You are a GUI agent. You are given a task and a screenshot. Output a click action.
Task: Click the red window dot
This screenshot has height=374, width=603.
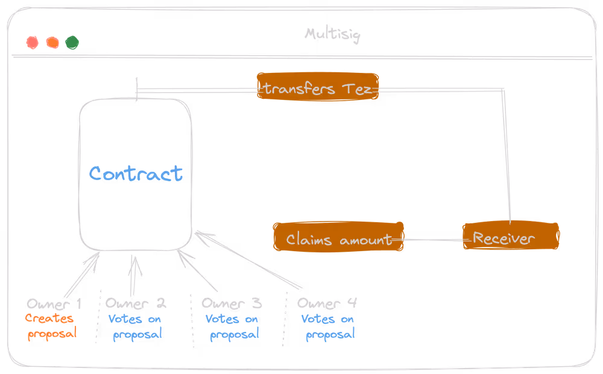tap(32, 43)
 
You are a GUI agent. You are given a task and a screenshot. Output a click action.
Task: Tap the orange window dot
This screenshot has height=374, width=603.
tap(52, 43)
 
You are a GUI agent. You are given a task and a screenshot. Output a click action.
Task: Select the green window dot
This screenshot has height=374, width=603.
tap(72, 43)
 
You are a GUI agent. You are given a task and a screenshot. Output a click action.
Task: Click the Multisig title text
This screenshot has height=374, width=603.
tap(332, 34)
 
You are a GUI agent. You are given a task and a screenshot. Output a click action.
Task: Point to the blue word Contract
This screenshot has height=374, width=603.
tap(136, 173)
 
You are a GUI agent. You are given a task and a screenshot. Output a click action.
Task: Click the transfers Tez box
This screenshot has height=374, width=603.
tap(318, 89)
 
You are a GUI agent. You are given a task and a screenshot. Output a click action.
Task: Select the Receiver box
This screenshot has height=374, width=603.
tap(510, 238)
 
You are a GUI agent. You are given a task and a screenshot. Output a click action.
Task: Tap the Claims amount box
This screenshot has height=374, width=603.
tap(338, 239)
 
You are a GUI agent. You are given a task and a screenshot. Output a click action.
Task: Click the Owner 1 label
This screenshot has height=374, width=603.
tap(54, 303)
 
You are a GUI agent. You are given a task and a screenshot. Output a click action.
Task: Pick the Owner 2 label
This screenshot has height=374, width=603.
tap(136, 303)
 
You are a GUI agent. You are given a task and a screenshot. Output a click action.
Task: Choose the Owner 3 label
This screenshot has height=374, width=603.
tap(233, 303)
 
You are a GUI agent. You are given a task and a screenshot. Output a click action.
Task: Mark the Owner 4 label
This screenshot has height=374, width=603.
tap(328, 303)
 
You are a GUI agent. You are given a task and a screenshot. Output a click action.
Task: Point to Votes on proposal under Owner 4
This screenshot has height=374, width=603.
tap(328, 326)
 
